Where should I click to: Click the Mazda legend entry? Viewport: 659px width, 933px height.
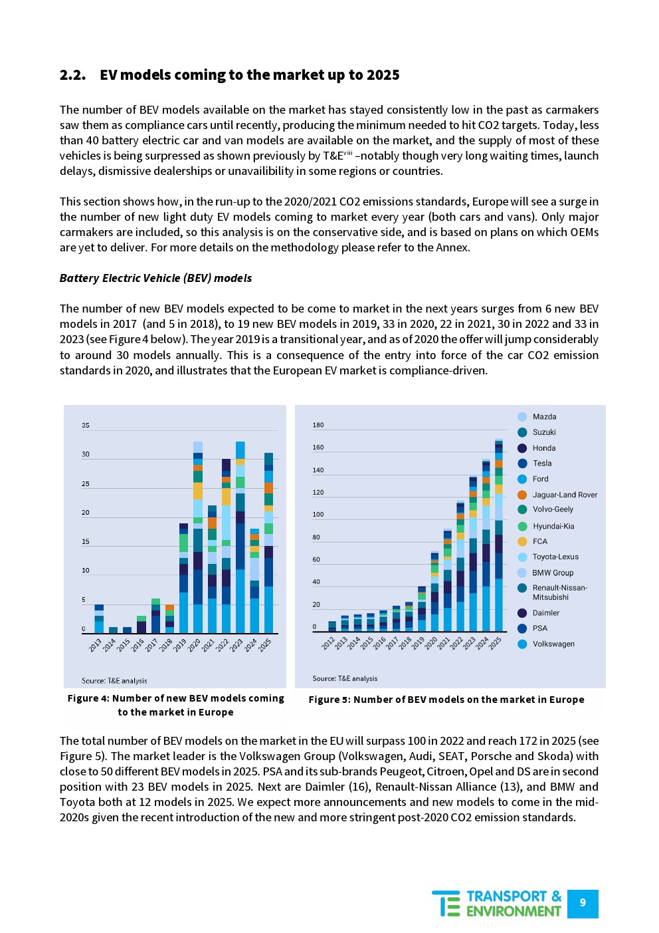(x=544, y=417)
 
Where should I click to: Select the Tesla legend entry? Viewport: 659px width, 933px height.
(x=541, y=464)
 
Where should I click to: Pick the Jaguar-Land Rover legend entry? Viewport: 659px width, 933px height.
(x=564, y=495)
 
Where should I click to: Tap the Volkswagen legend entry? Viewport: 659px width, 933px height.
(x=553, y=644)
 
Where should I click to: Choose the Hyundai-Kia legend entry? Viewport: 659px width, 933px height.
(x=553, y=526)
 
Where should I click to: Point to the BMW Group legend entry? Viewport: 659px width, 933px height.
(x=552, y=573)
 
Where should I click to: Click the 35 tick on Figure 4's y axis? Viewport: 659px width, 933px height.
(x=86, y=426)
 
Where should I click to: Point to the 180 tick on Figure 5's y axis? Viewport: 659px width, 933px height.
(x=318, y=425)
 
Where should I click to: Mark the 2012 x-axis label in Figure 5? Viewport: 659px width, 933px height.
(x=328, y=643)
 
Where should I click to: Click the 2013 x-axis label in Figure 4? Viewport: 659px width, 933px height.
(x=95, y=645)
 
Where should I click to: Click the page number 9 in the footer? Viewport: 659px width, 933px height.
(x=583, y=903)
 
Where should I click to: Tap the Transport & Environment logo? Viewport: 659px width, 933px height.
(x=497, y=904)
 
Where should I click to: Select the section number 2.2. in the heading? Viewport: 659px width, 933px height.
(x=72, y=75)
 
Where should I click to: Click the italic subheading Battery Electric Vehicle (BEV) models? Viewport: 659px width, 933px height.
(x=155, y=278)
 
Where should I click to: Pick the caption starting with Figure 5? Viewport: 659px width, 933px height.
(x=446, y=700)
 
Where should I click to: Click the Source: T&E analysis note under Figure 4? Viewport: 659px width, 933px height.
(x=114, y=681)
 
